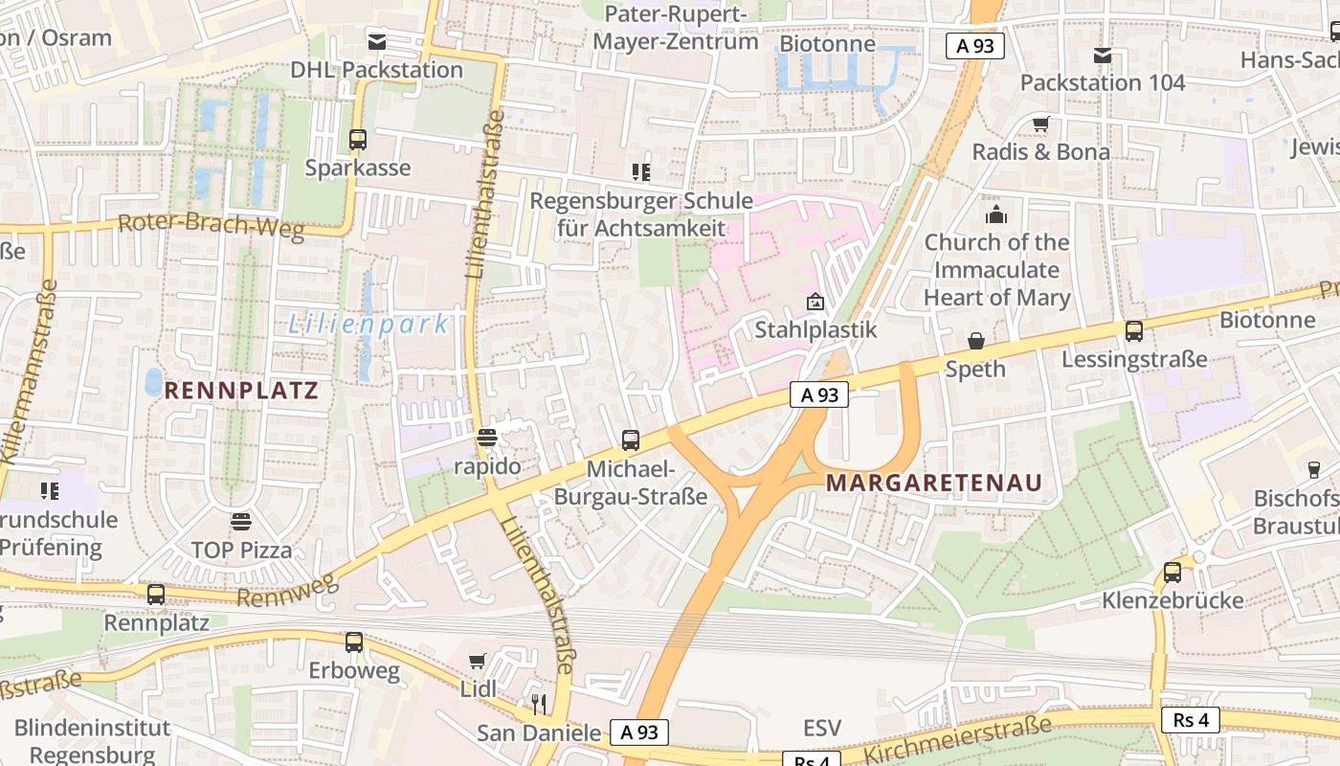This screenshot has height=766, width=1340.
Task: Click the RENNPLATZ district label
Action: tap(241, 391)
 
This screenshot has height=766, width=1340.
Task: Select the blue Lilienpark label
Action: tap(368, 325)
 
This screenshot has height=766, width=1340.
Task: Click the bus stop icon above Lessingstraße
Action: tap(1134, 331)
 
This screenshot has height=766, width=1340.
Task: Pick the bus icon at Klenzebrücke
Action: tap(1172, 573)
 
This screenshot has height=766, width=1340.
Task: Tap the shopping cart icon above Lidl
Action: tap(478, 661)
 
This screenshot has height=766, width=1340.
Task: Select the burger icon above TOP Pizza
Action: tap(241, 522)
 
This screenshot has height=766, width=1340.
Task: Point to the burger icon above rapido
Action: tap(487, 439)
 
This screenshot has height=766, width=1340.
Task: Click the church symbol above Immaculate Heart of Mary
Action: tap(996, 214)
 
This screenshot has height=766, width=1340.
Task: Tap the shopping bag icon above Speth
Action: tap(976, 341)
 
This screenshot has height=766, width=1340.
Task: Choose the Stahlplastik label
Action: tap(816, 330)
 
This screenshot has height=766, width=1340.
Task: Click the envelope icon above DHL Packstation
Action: tap(377, 41)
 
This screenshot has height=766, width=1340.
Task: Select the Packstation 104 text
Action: tap(1103, 82)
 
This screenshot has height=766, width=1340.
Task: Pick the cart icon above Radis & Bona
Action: tap(1040, 124)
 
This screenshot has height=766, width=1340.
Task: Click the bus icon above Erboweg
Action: tap(354, 642)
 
